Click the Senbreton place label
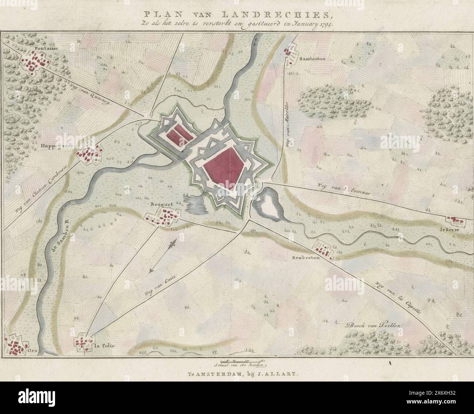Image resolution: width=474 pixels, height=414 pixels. click(306, 257)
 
